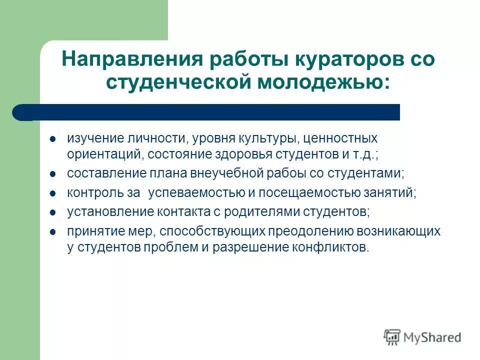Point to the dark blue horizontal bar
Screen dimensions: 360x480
point(210,112)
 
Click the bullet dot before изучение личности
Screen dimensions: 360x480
point(53,137)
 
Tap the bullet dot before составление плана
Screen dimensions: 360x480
point(53,173)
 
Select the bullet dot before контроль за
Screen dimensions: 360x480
point(53,192)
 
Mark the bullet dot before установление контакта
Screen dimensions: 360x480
point(53,211)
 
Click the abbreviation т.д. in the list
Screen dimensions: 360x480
point(363,154)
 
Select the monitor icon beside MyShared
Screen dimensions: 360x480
point(392,337)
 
